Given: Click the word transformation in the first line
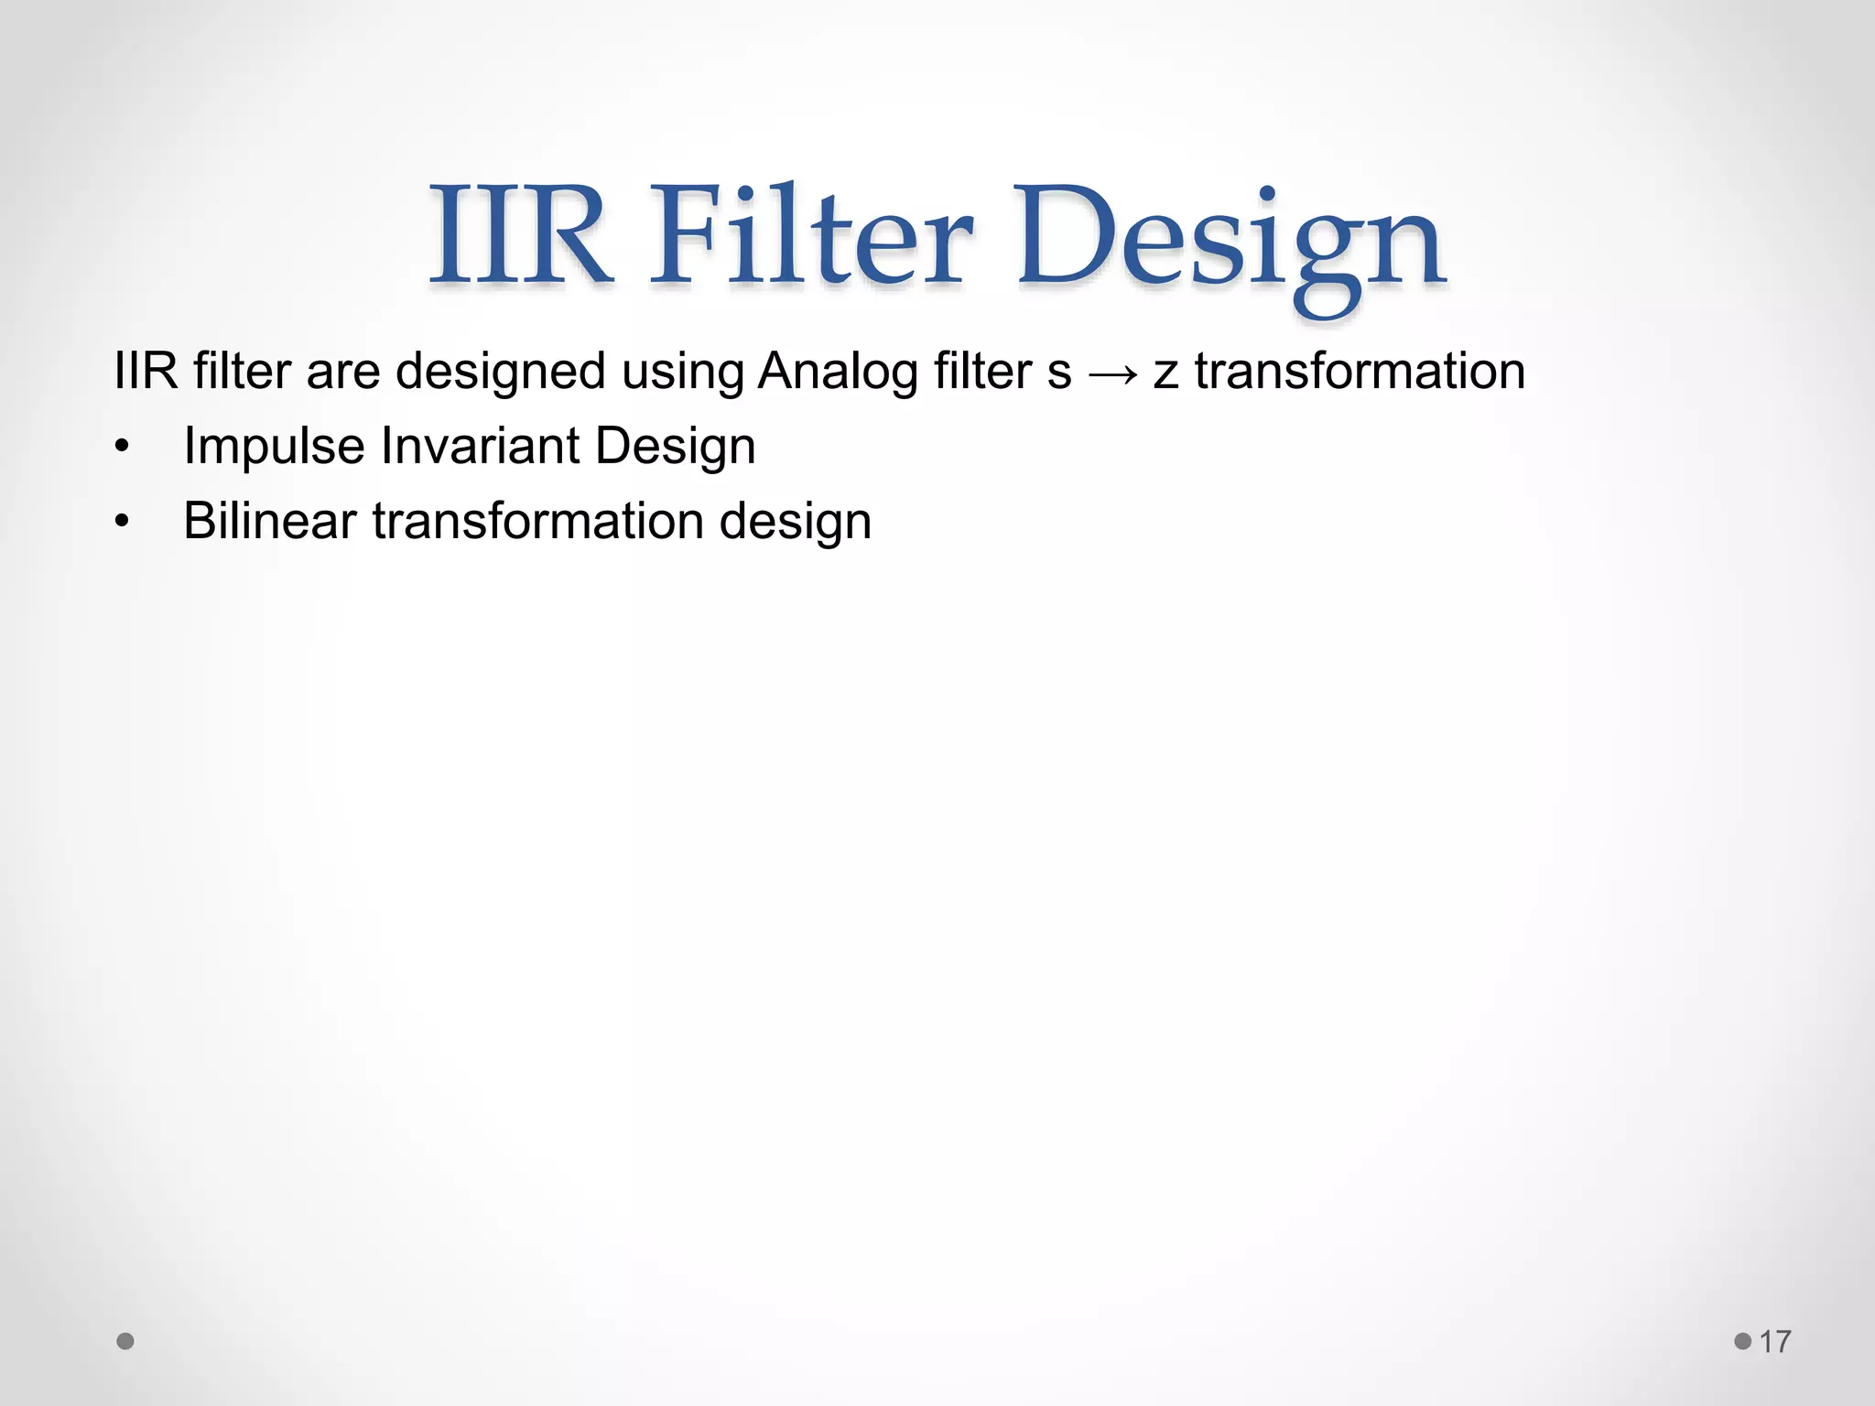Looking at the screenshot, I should tap(1360, 372).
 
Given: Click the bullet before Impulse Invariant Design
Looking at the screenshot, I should tap(123, 448).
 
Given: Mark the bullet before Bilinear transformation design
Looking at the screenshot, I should tap(123, 522).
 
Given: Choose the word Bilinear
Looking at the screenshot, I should tap(269, 521).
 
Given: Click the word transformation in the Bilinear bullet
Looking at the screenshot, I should tap(537, 521).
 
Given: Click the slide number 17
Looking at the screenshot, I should tap(1775, 1342).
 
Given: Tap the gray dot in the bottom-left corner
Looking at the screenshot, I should tap(125, 1341).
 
